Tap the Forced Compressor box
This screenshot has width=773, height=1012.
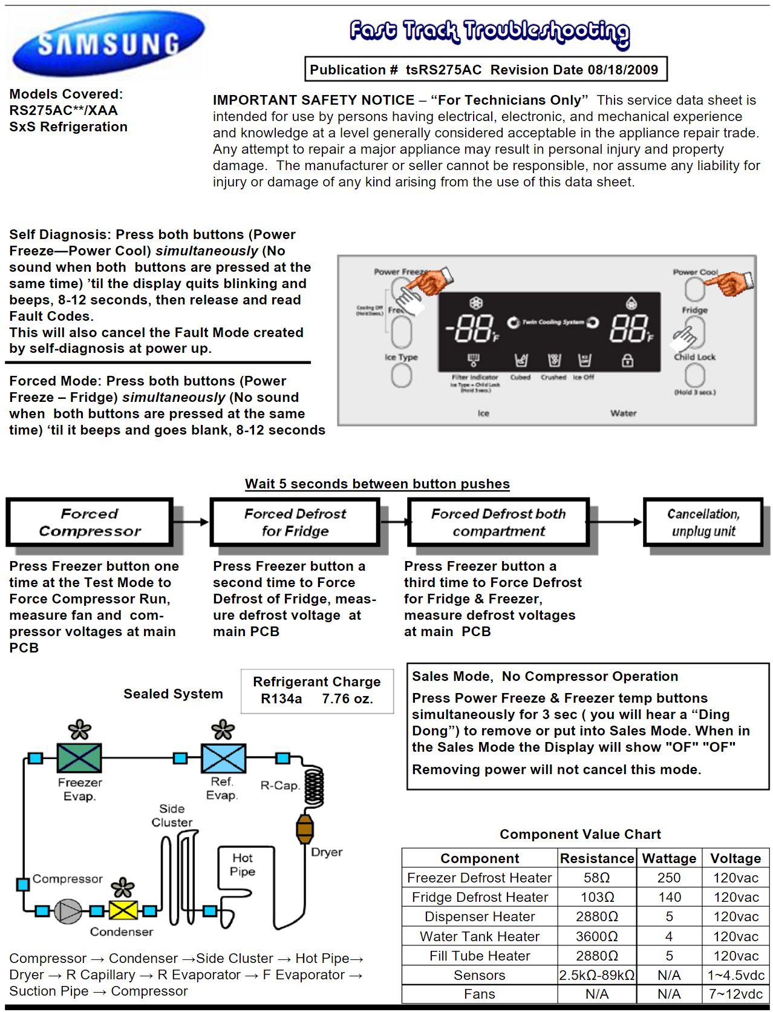[90, 522]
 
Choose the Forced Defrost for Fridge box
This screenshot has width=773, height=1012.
[295, 522]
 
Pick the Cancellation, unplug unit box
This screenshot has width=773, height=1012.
[703, 522]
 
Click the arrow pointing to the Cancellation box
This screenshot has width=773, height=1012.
[617, 522]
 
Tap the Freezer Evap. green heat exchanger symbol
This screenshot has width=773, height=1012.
[79, 758]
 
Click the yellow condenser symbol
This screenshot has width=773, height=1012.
[123, 910]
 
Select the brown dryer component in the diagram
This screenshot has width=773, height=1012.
[305, 829]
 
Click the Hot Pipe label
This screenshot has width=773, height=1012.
[243, 864]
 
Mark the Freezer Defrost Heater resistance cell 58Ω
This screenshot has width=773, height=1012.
[596, 878]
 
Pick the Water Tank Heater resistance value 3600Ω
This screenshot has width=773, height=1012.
[596, 936]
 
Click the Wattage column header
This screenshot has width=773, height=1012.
[669, 858]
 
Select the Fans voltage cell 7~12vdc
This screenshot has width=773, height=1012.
[735, 994]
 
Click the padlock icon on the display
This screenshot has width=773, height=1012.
[628, 361]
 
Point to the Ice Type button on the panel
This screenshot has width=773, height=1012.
[401, 375]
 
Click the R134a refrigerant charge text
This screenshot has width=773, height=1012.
[281, 699]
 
